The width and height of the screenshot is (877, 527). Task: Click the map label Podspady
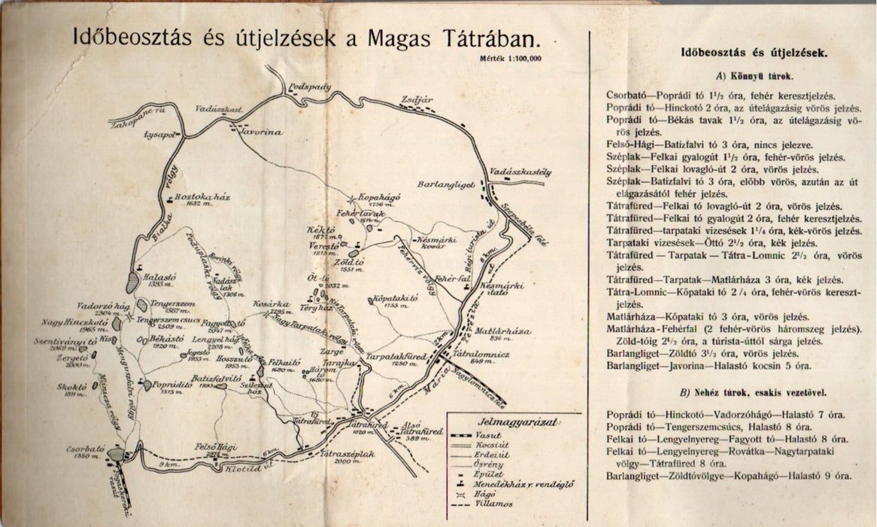[310, 87]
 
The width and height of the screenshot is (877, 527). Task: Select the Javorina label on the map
[259, 133]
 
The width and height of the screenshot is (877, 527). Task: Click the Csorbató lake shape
[116, 454]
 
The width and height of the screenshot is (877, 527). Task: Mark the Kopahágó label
[377, 198]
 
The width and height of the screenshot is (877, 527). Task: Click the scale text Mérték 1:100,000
[508, 57]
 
